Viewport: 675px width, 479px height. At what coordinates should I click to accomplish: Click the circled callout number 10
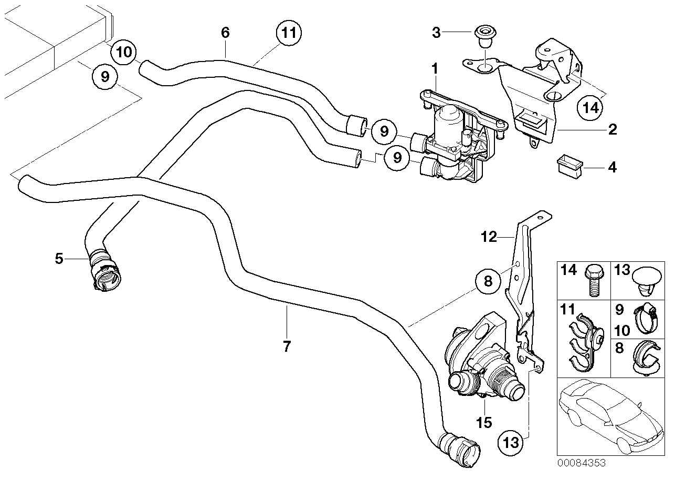point(125,52)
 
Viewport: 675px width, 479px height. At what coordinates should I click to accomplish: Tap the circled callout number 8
point(488,282)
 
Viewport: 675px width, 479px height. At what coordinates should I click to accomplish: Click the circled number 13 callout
point(511,442)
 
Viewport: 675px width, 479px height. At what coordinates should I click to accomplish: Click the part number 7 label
point(287,346)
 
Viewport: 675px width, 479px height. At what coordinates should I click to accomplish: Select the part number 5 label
point(59,258)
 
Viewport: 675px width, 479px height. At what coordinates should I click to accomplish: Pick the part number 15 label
point(484,422)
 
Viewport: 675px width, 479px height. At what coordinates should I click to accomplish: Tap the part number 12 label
point(489,237)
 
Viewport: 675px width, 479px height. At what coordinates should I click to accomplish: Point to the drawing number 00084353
point(581,463)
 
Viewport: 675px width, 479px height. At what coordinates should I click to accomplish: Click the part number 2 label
point(612,129)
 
